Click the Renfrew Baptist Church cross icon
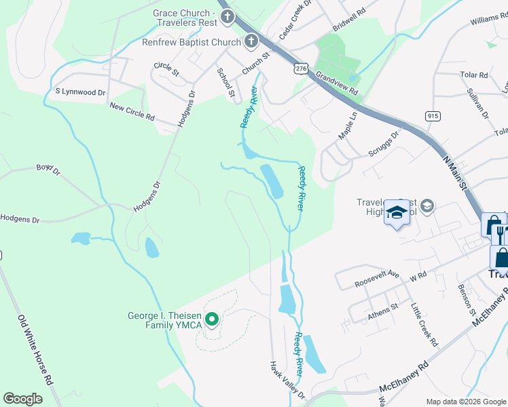(251, 42)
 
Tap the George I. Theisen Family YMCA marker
(213, 317)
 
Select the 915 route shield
(433, 116)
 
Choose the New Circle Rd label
(132, 112)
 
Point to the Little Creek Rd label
(424, 325)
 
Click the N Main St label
(456, 173)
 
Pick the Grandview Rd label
(336, 84)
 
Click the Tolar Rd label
(473, 75)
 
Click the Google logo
(23, 398)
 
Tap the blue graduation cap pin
(397, 214)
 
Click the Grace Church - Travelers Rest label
(185, 18)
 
